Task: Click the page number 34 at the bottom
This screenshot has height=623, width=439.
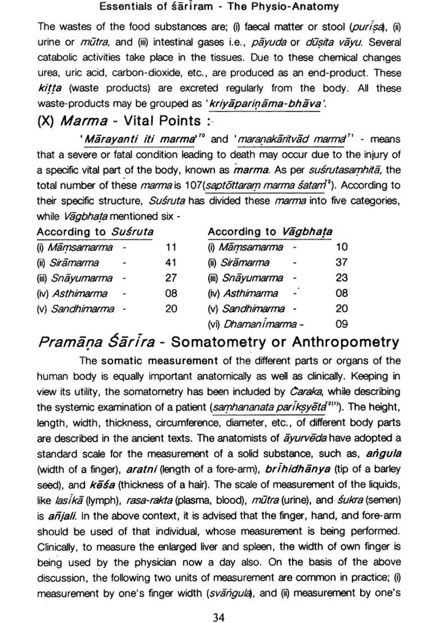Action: [219, 602]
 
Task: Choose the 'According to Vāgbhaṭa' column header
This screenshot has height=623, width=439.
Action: [270, 232]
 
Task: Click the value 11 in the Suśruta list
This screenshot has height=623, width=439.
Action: [171, 247]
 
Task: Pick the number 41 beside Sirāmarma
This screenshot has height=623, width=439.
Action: [171, 263]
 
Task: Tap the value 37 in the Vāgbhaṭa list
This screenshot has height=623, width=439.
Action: [342, 263]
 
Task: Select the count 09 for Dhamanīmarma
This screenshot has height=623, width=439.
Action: [342, 324]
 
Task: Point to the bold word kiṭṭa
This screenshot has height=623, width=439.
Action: [50, 89]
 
